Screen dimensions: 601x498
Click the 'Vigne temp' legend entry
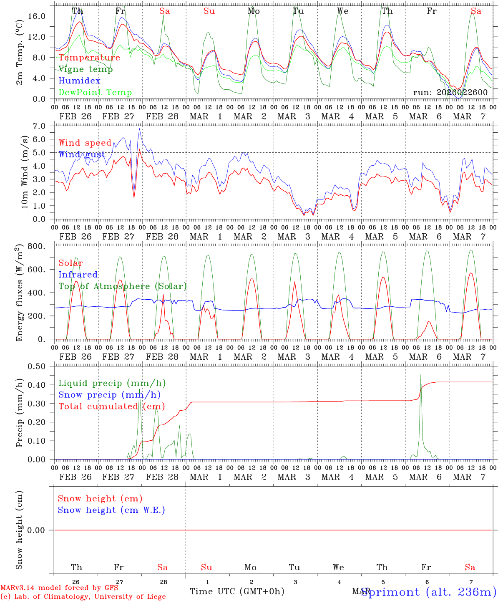(86, 69)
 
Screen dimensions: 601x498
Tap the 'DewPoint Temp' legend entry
(95, 93)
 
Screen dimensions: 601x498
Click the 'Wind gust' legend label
(82, 154)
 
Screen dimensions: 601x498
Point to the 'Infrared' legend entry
(78, 275)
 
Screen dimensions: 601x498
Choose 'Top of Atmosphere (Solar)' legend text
(123, 286)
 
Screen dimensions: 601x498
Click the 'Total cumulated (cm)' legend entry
(112, 407)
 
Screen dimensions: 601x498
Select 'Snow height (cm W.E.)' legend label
(111, 510)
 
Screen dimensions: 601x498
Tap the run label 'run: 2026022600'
(450, 93)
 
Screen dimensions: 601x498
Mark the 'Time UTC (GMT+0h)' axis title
(237, 591)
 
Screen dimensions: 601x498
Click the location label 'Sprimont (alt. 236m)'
(428, 592)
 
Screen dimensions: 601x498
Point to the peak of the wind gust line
(140, 129)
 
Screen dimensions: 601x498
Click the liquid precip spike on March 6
(421, 374)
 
